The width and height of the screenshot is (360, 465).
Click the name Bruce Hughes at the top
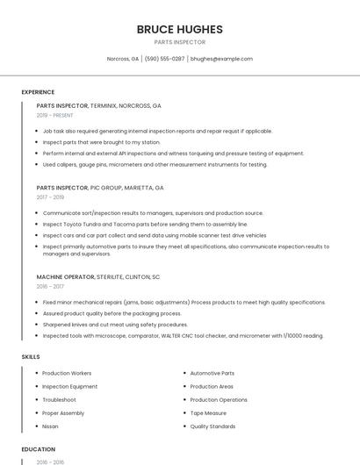coord(179,29)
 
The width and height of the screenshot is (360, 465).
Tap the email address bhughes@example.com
coord(221,59)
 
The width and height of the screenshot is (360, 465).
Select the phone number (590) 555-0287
coord(164,59)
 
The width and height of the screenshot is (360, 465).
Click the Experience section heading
coord(38,92)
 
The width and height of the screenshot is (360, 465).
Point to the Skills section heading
coord(31,357)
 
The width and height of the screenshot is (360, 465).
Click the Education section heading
coord(38,449)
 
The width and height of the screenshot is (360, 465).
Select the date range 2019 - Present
coord(55,115)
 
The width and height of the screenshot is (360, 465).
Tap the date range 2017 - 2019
coord(50,197)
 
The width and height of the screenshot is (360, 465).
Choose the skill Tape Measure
coord(208,413)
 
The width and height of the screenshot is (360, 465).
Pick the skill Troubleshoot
coord(59,400)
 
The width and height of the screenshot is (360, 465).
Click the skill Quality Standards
coord(212,426)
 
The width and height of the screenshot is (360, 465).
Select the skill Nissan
coord(50,426)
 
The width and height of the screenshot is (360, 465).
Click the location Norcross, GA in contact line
coord(123,59)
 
